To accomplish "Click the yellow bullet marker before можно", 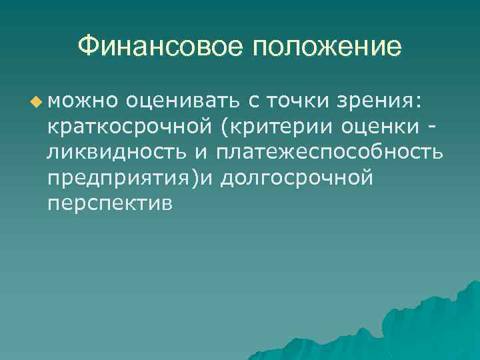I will (35, 102).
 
